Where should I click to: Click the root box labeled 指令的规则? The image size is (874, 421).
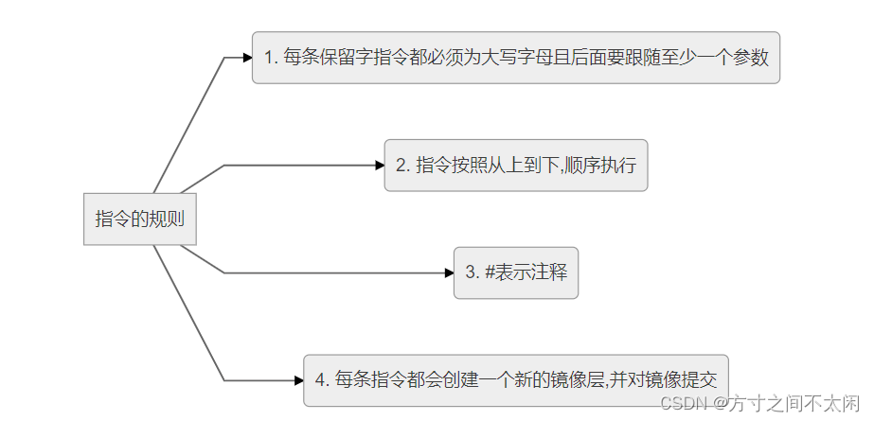pos(139,219)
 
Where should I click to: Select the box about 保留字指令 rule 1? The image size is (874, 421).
pos(516,58)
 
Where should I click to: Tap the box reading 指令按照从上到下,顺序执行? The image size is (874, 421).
pos(516,165)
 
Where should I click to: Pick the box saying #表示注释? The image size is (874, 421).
pos(516,272)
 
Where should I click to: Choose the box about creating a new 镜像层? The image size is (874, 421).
pos(516,380)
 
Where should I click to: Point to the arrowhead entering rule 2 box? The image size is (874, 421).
pos(379,165)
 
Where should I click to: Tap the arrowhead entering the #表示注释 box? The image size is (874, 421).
pos(449,272)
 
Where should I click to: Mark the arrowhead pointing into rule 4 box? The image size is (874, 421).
pos(298,380)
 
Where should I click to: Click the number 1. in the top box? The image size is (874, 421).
pos(271,58)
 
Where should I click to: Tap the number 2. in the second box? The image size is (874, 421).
pos(402,165)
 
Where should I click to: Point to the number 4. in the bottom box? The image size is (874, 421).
pos(322,380)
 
